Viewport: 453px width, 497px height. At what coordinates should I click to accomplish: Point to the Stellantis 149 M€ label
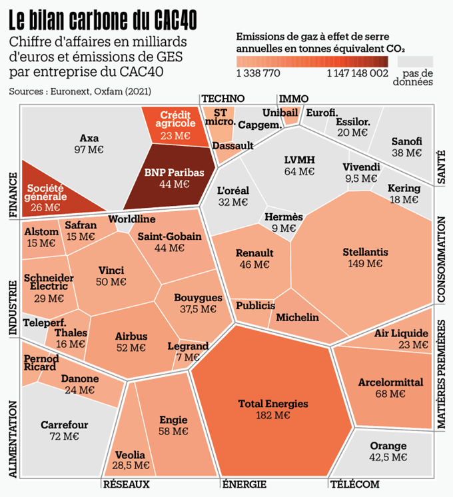click(365, 258)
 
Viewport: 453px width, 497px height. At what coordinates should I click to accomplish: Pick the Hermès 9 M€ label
click(284, 223)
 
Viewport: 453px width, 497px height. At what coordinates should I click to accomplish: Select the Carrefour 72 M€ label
click(64, 430)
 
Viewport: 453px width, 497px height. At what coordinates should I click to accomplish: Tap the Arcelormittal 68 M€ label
click(390, 388)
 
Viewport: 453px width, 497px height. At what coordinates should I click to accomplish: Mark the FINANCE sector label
click(13, 195)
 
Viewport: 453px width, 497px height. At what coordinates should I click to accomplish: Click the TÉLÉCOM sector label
click(354, 484)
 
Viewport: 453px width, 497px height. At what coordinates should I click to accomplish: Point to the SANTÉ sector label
click(441, 167)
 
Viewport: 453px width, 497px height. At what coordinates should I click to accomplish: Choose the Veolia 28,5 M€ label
click(130, 460)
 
